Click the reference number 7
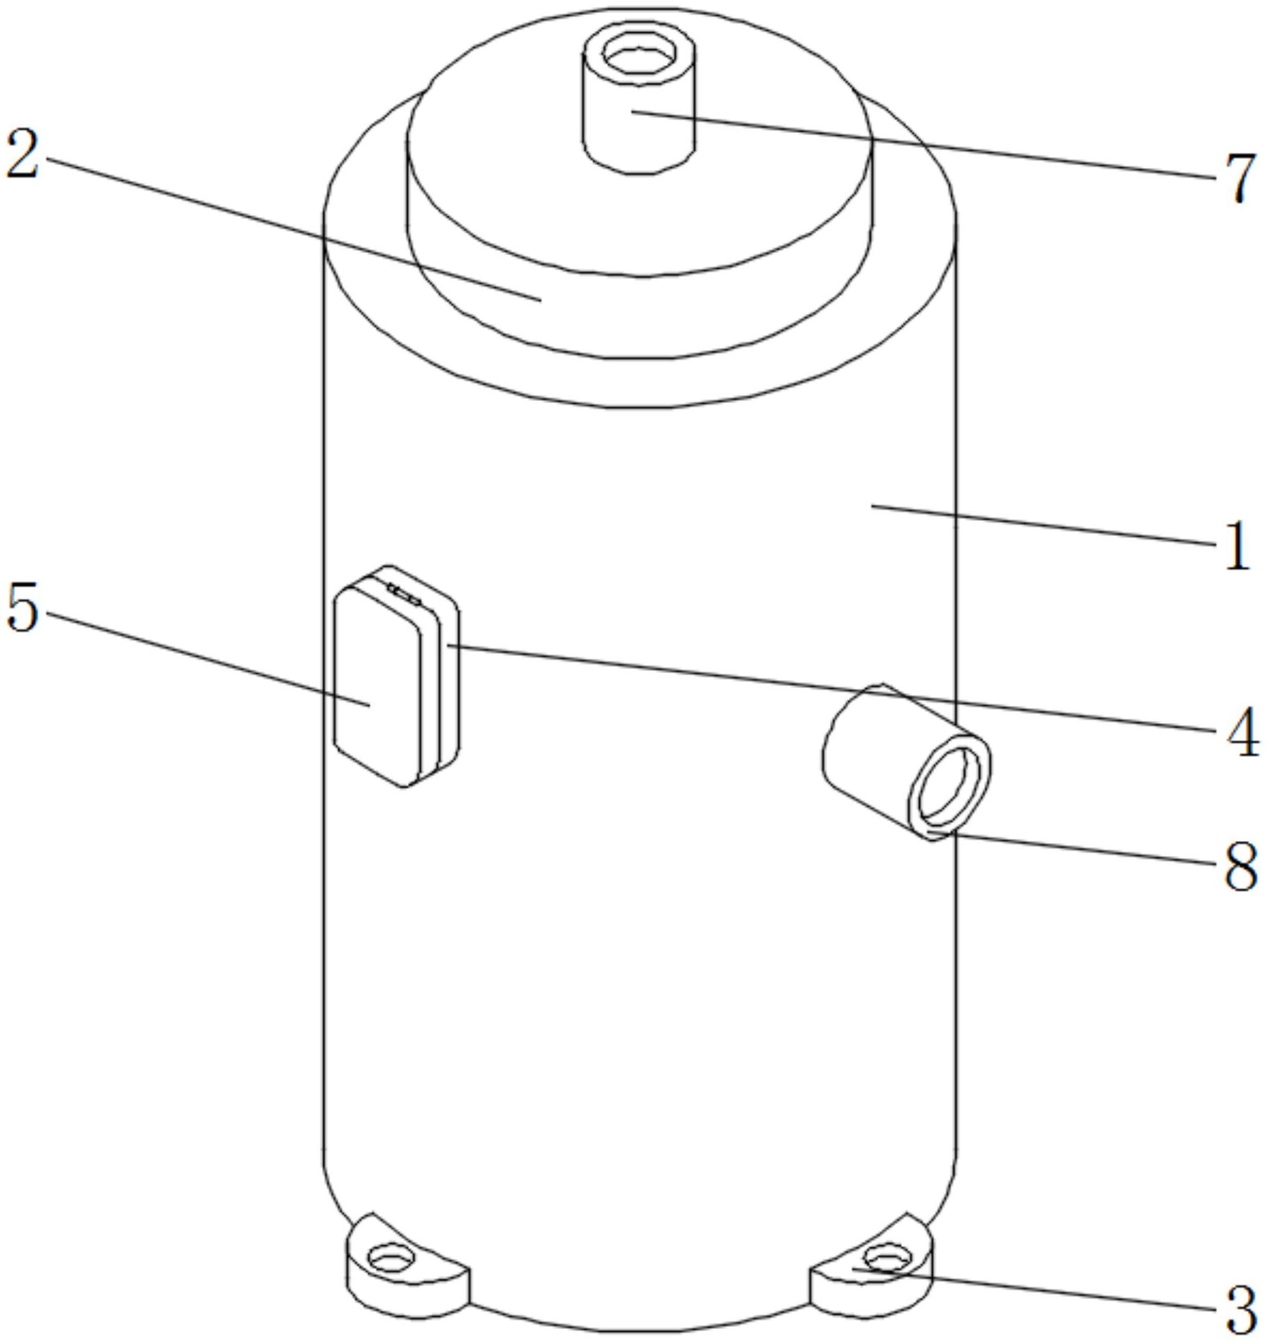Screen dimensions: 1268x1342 tap(1235, 178)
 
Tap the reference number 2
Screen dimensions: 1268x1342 tap(22, 155)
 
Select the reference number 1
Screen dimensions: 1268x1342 tap(1236, 546)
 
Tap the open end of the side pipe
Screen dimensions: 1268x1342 tap(948, 785)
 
